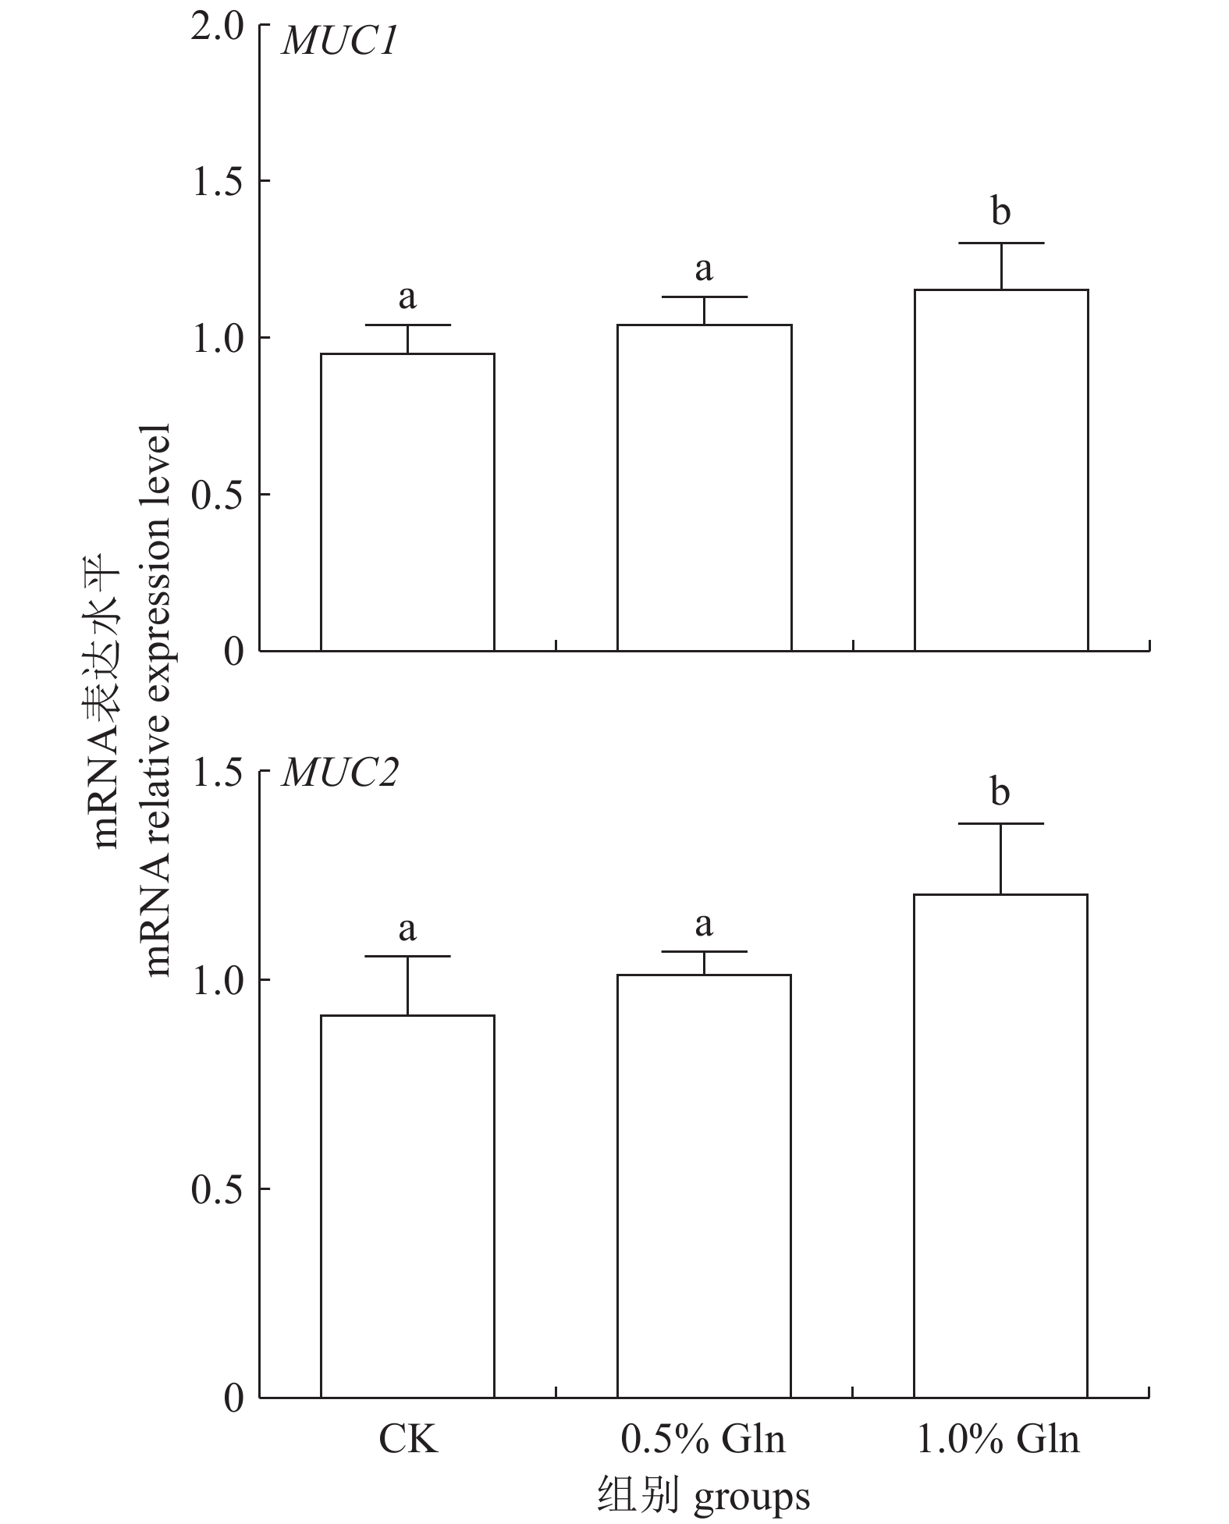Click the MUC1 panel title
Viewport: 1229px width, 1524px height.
pos(339,41)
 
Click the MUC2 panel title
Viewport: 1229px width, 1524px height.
pos(339,773)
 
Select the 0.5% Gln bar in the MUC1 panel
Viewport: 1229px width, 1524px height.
pos(704,488)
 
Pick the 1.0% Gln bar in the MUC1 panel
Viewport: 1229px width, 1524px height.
pos(1001,470)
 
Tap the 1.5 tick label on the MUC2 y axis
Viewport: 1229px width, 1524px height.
pos(218,772)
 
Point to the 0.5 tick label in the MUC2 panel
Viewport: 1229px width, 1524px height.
pos(218,1188)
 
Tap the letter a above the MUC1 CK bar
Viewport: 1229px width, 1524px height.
pos(407,297)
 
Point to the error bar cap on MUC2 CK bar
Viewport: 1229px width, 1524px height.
pos(407,956)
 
